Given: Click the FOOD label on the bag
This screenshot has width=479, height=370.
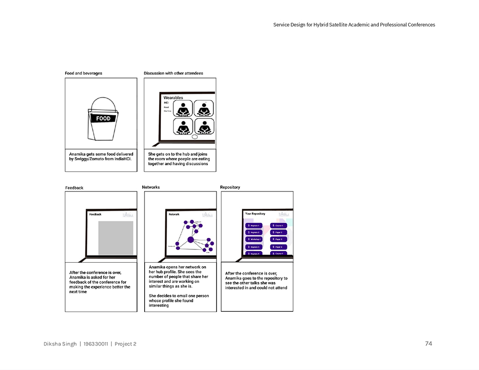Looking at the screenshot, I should point(103,118).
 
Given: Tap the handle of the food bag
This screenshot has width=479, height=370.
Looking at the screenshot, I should point(103,100).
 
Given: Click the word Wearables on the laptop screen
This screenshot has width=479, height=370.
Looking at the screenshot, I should point(173,98).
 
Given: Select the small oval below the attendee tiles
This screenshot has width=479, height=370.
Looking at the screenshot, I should point(194,137).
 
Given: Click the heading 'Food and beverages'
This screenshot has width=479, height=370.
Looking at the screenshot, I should point(83,73).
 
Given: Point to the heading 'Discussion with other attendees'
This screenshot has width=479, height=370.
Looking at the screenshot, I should point(173,73).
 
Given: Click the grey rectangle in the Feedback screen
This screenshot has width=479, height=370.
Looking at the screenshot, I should point(115,238).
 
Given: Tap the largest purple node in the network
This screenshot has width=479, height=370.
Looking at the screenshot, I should point(190,239).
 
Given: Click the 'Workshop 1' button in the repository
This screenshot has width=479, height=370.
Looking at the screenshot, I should point(254,239).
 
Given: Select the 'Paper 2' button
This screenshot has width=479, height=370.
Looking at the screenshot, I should point(279,232).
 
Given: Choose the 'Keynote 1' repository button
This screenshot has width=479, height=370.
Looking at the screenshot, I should point(254,225).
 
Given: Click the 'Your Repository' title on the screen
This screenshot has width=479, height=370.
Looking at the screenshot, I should point(255,213).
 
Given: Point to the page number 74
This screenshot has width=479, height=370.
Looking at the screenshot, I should point(429,344).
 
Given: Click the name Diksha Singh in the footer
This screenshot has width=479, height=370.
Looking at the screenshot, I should point(60,344).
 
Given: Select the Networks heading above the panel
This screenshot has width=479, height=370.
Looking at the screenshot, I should point(151,187).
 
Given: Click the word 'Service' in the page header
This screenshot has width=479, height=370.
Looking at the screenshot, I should point(281,25).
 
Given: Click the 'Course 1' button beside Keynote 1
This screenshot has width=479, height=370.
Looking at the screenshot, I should point(279,225).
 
